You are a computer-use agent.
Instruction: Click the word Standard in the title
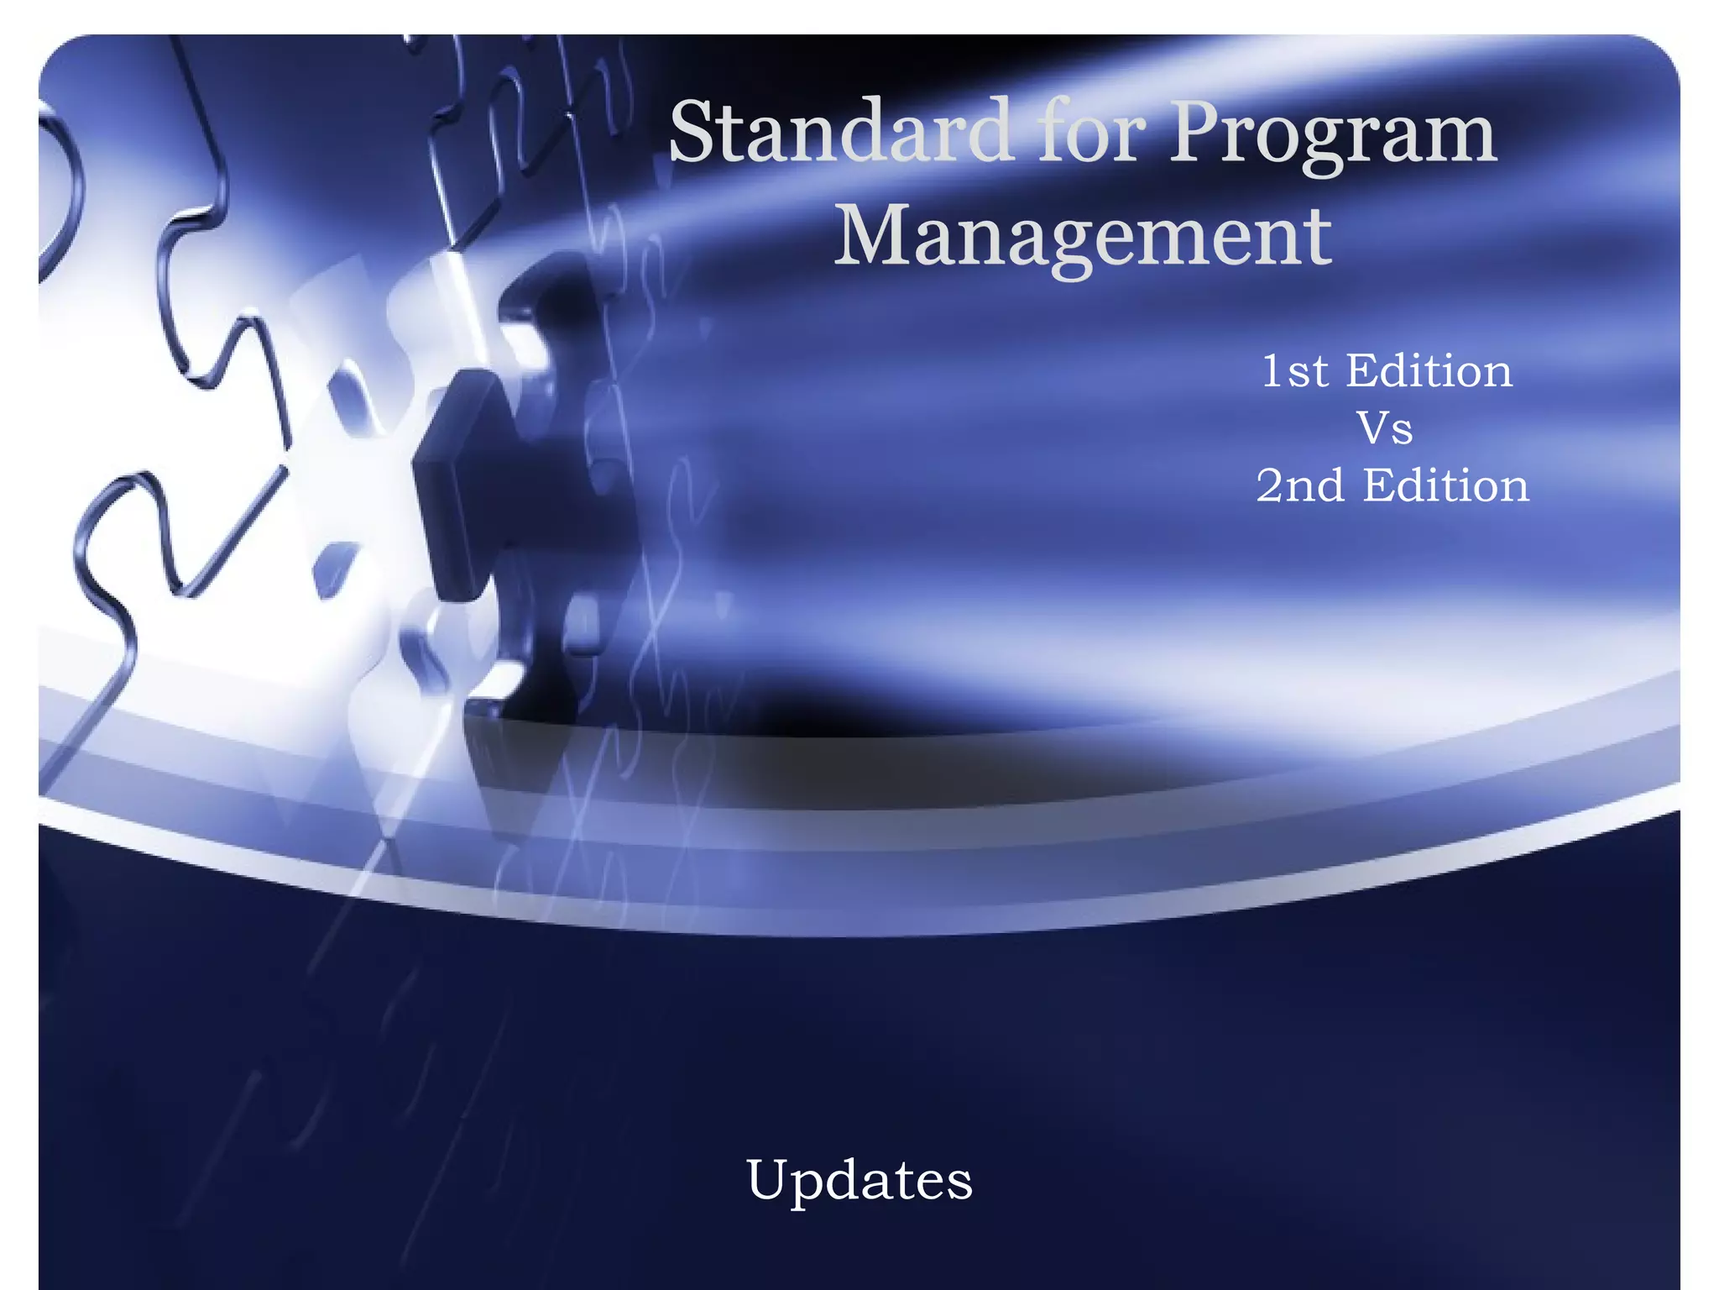839,132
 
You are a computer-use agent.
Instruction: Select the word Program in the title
1333,134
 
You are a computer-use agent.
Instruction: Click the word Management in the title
1083,237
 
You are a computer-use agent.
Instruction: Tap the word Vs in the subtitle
1385,428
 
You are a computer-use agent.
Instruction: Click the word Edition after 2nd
1445,485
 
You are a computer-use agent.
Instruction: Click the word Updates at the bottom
859,1179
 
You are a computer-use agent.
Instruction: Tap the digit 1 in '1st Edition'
1272,371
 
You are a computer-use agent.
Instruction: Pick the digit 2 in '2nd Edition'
1272,485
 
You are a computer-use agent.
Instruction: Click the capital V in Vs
1373,428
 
